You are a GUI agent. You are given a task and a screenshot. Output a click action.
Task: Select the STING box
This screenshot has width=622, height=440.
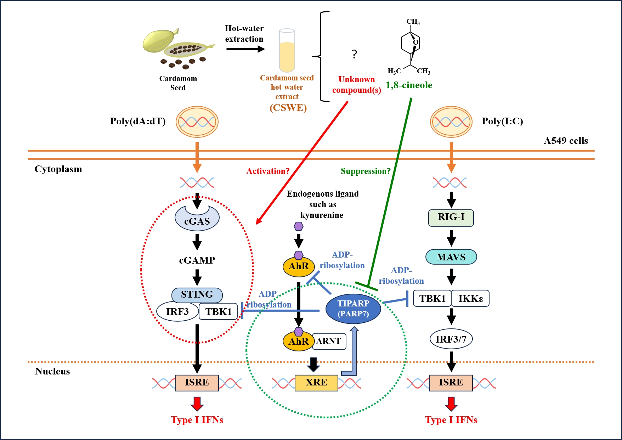(197, 294)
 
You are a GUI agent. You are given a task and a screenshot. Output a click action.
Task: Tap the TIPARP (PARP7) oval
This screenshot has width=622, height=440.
(353, 309)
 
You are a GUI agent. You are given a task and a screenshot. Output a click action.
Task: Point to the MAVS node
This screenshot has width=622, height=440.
(451, 257)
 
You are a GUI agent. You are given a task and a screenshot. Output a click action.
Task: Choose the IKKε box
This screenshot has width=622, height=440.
(470, 299)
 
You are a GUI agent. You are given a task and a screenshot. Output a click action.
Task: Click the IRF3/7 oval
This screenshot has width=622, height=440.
(451, 339)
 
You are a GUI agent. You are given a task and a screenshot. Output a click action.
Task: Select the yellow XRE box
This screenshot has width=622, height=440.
(316, 383)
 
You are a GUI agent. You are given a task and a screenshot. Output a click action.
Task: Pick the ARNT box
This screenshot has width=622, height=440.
(329, 341)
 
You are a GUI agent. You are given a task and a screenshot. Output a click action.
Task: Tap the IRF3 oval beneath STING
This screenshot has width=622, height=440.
(177, 311)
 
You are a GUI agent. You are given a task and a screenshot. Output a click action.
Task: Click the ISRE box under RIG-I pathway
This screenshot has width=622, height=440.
(451, 383)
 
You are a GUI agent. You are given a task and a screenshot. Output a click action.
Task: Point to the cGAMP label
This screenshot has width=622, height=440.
(197, 260)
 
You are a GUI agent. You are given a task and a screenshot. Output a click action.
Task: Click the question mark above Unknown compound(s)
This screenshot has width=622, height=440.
(354, 54)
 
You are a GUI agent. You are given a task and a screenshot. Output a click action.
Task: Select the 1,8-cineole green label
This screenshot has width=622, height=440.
(409, 85)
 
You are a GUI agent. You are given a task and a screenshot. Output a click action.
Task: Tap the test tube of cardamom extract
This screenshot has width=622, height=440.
(287, 50)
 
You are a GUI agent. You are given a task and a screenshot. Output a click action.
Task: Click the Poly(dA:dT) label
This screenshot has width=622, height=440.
(138, 121)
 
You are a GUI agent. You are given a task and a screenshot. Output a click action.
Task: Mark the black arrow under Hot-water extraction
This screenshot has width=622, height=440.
(245, 49)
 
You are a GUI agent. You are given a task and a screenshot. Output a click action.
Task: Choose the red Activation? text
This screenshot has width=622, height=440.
(268, 171)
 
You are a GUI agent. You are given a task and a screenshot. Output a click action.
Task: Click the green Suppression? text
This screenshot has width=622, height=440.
(366, 171)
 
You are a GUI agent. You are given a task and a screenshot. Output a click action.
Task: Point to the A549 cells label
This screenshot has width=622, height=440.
(566, 141)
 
